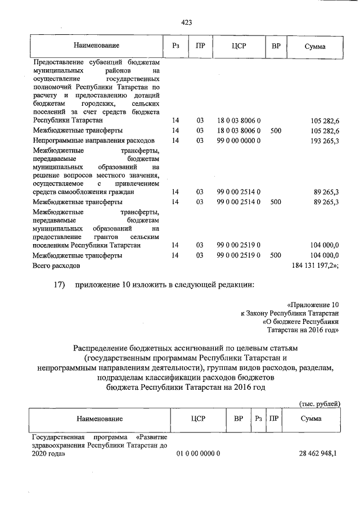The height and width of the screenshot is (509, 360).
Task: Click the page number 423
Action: point(187,22)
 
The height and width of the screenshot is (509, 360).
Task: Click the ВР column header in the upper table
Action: point(276,46)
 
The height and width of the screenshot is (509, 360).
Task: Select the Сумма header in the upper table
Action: point(314,46)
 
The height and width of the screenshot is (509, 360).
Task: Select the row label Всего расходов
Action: point(56,264)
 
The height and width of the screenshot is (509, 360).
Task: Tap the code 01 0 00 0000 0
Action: point(198,453)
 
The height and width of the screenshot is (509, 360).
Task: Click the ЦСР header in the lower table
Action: point(199,419)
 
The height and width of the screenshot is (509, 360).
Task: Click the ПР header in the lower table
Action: point(274,419)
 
